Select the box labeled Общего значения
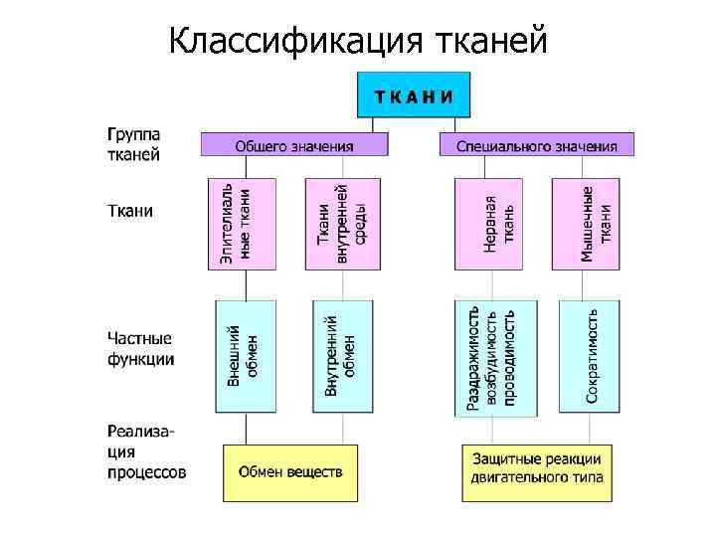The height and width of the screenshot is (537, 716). pyautogui.click(x=293, y=146)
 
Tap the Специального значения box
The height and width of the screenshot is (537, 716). pyautogui.click(x=537, y=146)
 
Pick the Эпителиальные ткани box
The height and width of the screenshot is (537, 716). pyautogui.click(x=236, y=224)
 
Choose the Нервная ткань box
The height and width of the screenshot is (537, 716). pyautogui.click(x=487, y=224)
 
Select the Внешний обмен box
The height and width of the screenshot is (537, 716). pyautogui.click(x=245, y=356)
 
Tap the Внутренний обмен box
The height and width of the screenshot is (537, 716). pyautogui.click(x=342, y=356)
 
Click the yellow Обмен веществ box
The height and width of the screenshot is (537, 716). pyautogui.click(x=289, y=472)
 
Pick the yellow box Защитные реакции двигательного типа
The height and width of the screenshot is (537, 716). pyautogui.click(x=537, y=472)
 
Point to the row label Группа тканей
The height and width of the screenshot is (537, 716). pyautogui.click(x=135, y=143)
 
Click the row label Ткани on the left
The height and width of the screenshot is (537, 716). pyautogui.click(x=130, y=211)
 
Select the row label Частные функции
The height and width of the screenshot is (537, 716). pyautogui.click(x=140, y=348)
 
